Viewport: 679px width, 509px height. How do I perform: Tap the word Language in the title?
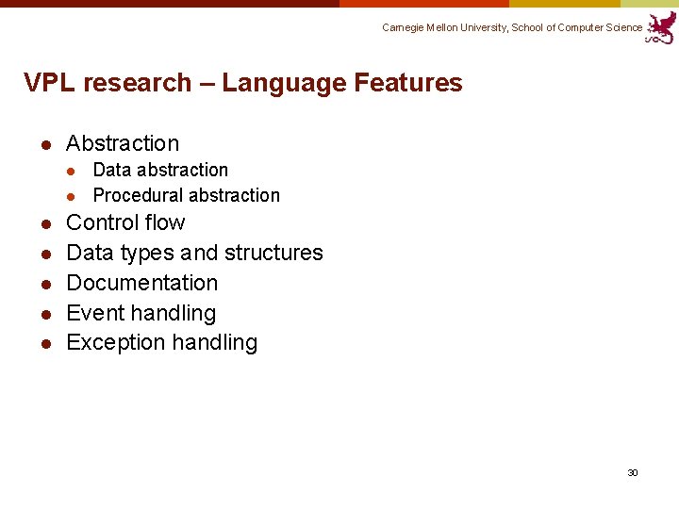coord(284,83)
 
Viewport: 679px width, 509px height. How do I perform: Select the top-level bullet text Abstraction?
coord(123,143)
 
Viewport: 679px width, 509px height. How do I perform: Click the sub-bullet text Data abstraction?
coord(160,170)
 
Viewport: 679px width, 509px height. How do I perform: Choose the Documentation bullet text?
coord(142,283)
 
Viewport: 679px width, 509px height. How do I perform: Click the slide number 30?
coord(633,472)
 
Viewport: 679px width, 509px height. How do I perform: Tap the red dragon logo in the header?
coord(661,27)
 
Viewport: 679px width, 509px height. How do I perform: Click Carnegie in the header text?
coord(404,27)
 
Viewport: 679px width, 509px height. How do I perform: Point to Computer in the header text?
coord(582,27)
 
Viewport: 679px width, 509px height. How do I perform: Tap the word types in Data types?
coord(148,253)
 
